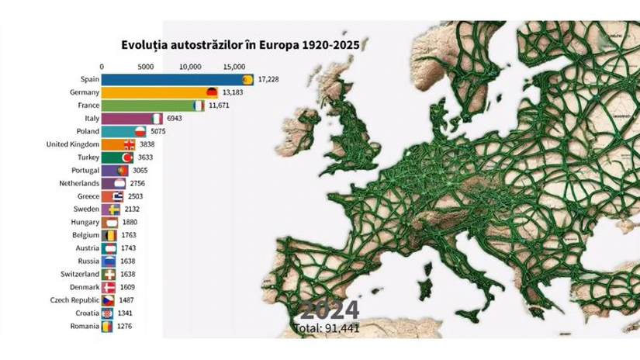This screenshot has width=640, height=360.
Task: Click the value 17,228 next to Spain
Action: [x=268, y=79]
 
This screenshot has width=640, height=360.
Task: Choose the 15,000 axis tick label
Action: [x=234, y=66]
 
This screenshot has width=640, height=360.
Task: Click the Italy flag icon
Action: [x=157, y=119]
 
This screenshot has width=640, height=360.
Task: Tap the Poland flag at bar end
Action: [x=140, y=132]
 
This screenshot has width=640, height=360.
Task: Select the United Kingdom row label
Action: [x=72, y=144]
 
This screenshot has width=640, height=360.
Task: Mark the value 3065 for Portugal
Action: [x=138, y=170]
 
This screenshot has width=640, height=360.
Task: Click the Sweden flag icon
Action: [x=114, y=209]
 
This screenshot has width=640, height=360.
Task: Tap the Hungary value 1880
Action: [x=130, y=223]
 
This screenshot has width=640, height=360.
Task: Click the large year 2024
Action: [x=329, y=311]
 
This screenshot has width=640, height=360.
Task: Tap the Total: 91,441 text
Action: [x=327, y=328]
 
